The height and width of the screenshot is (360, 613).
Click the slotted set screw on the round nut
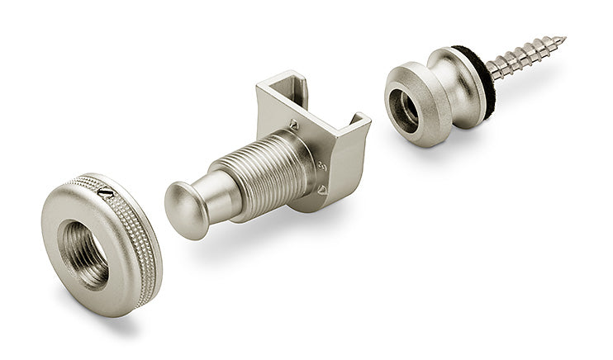tap(105, 192)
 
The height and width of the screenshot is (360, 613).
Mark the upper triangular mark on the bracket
tap(294, 125)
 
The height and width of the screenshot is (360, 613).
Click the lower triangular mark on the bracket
tap(322, 190)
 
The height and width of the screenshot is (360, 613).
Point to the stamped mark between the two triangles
tap(322, 165)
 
